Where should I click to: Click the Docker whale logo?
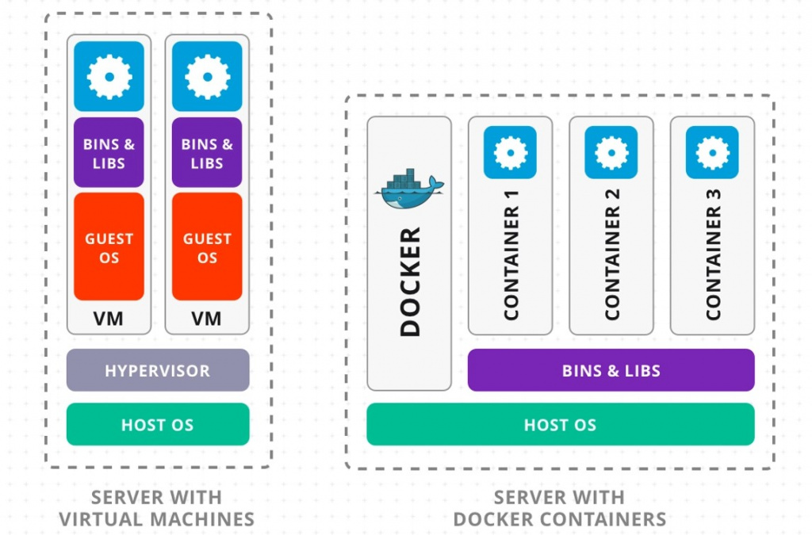point(408,189)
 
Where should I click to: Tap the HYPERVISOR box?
point(158,370)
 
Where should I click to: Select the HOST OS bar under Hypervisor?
point(158,425)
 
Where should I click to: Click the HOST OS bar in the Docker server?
point(560,425)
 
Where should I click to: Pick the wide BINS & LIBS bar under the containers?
point(611,370)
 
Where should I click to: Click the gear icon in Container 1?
point(510,152)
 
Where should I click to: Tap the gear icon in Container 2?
point(611,152)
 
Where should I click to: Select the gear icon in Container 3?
point(712,152)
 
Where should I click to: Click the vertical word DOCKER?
point(410,282)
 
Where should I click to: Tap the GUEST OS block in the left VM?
point(109,247)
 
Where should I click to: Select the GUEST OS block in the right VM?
point(207,247)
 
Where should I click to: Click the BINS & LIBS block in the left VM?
point(109,153)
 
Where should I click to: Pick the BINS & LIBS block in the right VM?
point(207,153)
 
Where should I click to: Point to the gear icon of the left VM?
point(109,76)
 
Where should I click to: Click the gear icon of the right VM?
point(207,76)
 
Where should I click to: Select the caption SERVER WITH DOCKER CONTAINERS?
point(559,509)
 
